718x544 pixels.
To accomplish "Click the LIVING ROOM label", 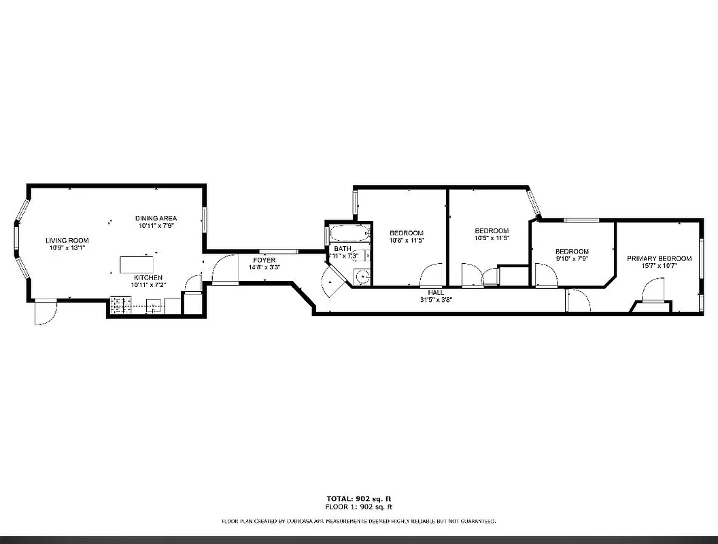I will click(67, 240).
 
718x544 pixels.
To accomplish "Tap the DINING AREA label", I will click(156, 218).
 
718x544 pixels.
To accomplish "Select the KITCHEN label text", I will click(148, 277).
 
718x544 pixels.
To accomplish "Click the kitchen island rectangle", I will click(137, 263).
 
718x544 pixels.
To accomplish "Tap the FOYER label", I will click(264, 260).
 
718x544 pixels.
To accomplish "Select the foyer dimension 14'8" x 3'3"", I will click(264, 267).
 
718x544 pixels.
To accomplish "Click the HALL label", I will click(436, 292).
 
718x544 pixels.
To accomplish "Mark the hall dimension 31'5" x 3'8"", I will click(436, 299).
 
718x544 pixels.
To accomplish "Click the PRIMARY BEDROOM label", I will click(659, 258).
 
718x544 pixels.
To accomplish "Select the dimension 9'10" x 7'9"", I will click(571, 258).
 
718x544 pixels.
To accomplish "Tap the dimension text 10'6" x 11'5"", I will click(407, 240).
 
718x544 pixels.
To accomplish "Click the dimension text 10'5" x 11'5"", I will click(492, 238).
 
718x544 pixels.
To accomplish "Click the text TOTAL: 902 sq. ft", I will click(360, 498).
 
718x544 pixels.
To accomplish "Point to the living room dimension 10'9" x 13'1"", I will click(67, 248).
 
